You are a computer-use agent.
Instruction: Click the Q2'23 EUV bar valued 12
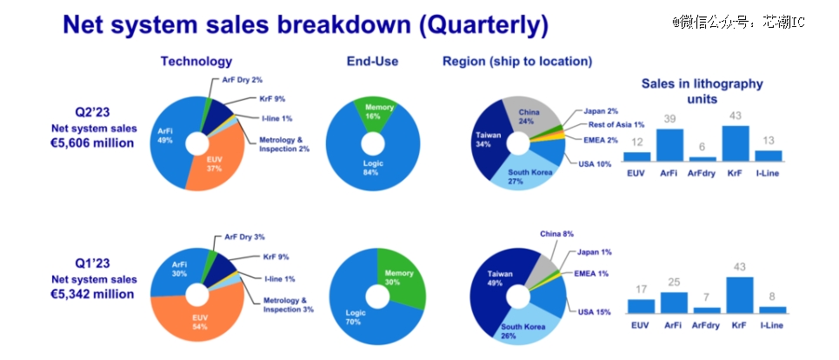[x=636, y=157]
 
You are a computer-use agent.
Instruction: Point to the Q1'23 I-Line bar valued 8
[x=773, y=310]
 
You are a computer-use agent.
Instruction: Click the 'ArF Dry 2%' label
[x=242, y=80]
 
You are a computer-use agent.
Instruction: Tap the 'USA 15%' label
[x=594, y=312]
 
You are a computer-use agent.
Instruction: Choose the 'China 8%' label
[x=556, y=234]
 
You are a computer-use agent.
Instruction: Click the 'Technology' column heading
[x=196, y=62]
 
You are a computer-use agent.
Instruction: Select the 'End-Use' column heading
[x=372, y=62]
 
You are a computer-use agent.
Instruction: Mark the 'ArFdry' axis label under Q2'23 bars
[x=702, y=173]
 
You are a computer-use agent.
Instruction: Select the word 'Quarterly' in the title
[x=483, y=25]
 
